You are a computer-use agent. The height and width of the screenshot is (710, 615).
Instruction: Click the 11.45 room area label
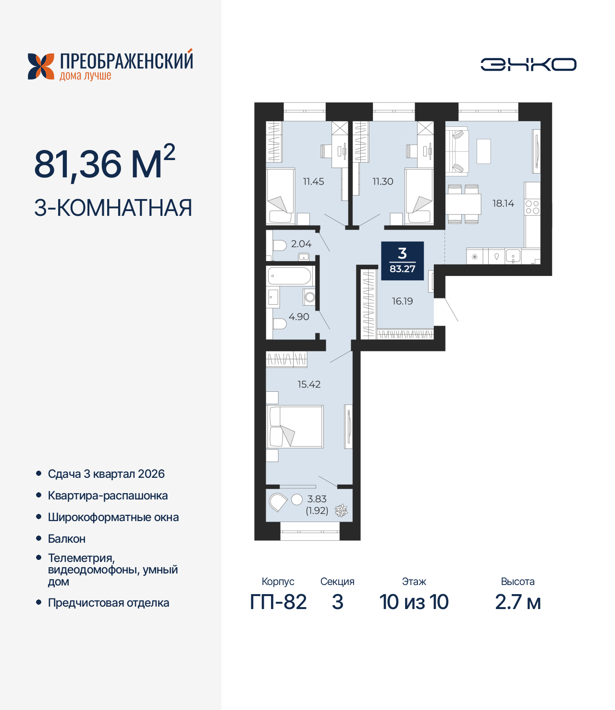tap(313, 182)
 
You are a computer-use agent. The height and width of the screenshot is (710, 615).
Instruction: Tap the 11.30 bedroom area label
tap(382, 182)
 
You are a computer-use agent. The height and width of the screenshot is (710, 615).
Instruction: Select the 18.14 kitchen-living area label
tap(503, 203)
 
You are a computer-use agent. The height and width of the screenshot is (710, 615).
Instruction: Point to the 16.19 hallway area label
tap(402, 301)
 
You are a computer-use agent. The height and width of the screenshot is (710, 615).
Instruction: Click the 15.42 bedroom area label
tap(308, 385)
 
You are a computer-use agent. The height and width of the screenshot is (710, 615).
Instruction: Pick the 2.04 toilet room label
tap(301, 244)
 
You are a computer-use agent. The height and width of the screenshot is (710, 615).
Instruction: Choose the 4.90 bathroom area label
tap(299, 317)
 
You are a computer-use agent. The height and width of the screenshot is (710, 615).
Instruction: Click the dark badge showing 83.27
tap(402, 261)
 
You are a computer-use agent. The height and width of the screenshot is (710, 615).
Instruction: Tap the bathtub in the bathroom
tap(290, 276)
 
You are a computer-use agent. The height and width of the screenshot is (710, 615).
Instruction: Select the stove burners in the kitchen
tap(532, 207)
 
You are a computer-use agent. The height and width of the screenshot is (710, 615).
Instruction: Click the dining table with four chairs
tap(463, 204)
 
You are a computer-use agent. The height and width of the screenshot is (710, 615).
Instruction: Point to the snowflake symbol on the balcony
tap(341, 511)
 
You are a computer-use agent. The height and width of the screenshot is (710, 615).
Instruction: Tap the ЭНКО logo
tap(528, 64)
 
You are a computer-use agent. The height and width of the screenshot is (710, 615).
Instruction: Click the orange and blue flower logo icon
tap(41, 66)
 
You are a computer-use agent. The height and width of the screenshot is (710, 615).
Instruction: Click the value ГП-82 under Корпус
tap(278, 602)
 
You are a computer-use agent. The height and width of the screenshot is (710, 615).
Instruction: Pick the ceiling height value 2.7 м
tap(517, 602)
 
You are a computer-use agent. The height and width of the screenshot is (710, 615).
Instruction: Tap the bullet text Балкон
tap(67, 539)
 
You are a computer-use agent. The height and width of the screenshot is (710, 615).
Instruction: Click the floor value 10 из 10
tap(414, 602)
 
